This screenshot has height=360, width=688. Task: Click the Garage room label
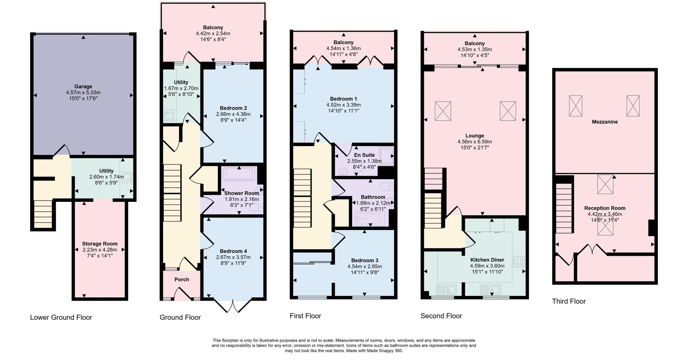[x=83, y=86]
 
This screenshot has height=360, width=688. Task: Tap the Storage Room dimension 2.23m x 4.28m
[x=100, y=250]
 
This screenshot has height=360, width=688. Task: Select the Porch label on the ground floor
[x=182, y=279]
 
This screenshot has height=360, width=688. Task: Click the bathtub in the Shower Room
[x=239, y=174]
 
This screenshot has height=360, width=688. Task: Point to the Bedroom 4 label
[x=233, y=251]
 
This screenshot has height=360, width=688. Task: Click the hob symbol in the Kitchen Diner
[x=519, y=262]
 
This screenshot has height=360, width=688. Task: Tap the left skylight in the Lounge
[x=443, y=111]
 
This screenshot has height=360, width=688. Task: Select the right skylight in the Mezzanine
[x=633, y=106]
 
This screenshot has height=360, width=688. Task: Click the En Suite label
[x=364, y=155]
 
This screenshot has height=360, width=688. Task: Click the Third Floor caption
[x=569, y=301]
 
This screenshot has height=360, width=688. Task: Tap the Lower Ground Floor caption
[x=61, y=317]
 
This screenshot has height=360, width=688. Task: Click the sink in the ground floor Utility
[x=169, y=116]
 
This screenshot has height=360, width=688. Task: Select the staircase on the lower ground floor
[x=43, y=214]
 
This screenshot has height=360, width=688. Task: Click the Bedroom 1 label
[x=343, y=99]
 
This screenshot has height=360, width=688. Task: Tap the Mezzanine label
[x=605, y=122]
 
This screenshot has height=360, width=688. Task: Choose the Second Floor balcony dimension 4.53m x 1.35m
[x=474, y=49]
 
